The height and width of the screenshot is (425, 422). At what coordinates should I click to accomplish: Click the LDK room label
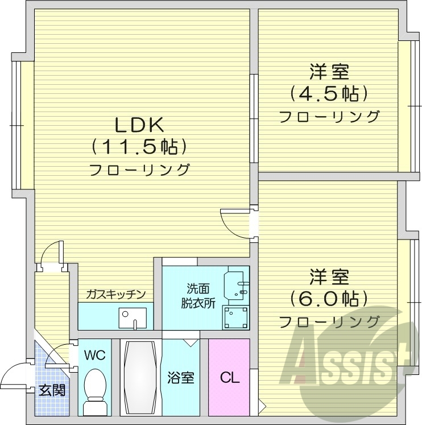(x=139, y=124)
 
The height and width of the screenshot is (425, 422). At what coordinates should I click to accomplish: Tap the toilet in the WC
(x=94, y=391)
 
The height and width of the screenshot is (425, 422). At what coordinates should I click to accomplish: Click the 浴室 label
(x=180, y=378)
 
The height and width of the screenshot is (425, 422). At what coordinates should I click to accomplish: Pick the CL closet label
(x=229, y=377)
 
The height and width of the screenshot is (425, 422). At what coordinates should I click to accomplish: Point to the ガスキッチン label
(x=116, y=295)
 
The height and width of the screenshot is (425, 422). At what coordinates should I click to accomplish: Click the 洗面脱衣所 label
(x=195, y=296)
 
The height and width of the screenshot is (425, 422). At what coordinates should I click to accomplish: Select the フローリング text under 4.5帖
(x=329, y=117)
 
